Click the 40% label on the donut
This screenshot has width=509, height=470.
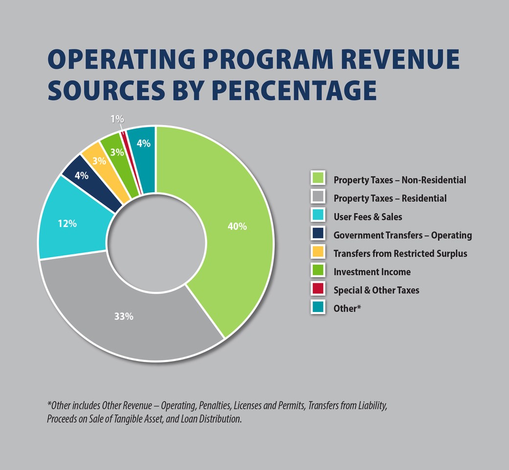(237, 226)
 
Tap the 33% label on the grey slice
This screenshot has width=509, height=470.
(124, 316)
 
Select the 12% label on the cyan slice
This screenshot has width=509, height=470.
(67, 224)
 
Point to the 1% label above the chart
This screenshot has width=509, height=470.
(117, 119)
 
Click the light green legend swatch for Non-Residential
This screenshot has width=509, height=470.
(318, 179)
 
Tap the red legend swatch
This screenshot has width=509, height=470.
(318, 289)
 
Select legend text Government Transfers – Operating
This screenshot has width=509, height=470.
(402, 235)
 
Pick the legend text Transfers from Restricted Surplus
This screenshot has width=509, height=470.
(400, 253)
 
